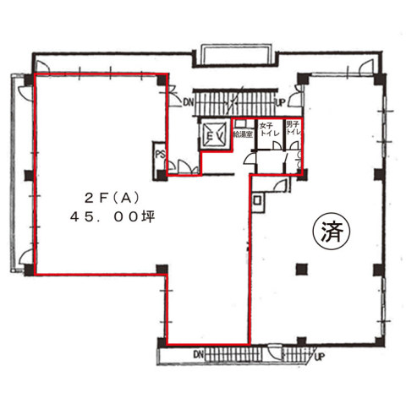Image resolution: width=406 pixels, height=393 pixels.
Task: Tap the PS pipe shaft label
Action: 160,155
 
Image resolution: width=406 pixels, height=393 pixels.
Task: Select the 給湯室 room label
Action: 243,134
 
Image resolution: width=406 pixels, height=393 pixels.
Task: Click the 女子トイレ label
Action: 269,129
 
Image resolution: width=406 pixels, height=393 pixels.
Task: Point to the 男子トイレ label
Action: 294,128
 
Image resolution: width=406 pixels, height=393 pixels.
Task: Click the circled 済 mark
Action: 332,232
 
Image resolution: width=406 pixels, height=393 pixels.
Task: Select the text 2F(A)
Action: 112,199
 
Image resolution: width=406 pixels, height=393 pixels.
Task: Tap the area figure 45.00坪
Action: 112,216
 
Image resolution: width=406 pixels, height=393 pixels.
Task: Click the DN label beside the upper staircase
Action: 188,101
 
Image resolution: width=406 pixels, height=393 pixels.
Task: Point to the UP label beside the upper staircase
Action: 280,102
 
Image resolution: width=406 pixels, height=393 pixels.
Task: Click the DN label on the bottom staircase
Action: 198,354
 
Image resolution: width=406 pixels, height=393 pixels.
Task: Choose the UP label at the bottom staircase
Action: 319,357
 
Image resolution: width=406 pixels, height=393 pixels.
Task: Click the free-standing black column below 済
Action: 301,269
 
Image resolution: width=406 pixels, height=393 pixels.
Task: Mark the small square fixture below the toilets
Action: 257,200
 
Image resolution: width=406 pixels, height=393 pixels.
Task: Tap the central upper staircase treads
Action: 234,102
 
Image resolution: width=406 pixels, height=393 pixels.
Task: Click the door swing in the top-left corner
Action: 43,67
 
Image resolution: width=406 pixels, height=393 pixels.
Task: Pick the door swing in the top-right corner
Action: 366,68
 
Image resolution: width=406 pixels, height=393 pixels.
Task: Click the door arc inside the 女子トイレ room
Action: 277,145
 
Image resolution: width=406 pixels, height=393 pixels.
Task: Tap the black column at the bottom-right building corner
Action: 380,341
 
